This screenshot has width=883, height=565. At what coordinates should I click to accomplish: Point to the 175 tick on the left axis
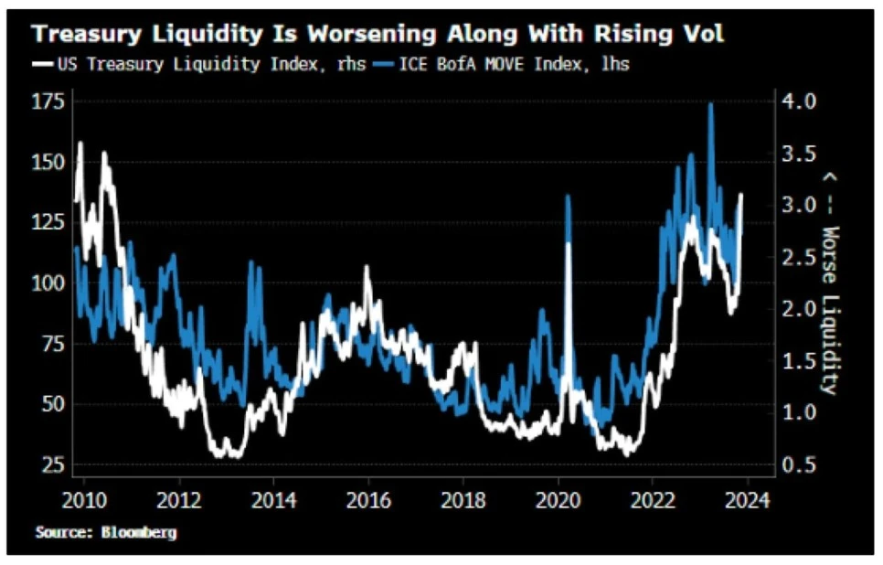pyautogui.click(x=48, y=101)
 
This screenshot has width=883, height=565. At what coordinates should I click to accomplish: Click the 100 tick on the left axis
pyautogui.click(x=48, y=282)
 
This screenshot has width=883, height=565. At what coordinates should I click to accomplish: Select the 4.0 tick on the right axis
pyautogui.click(x=803, y=101)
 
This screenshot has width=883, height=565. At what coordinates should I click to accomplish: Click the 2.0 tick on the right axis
pyautogui.click(x=803, y=309)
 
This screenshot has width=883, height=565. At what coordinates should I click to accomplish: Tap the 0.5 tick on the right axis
pyautogui.click(x=803, y=464)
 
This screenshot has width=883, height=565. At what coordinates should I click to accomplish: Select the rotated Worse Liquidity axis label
pyautogui.click(x=829, y=283)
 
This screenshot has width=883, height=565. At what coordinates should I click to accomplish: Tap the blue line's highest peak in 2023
pyautogui.click(x=710, y=104)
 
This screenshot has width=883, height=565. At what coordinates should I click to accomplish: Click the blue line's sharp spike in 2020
pyautogui.click(x=568, y=197)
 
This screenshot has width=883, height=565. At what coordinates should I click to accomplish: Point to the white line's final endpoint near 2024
pyautogui.click(x=741, y=194)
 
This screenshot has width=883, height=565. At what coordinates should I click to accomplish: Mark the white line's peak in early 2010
pyautogui.click(x=80, y=143)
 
